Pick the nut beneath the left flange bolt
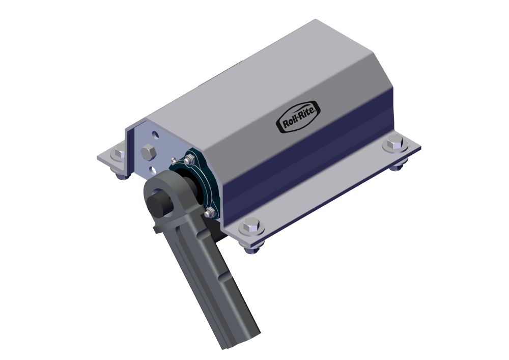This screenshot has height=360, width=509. [x=121, y=176]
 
